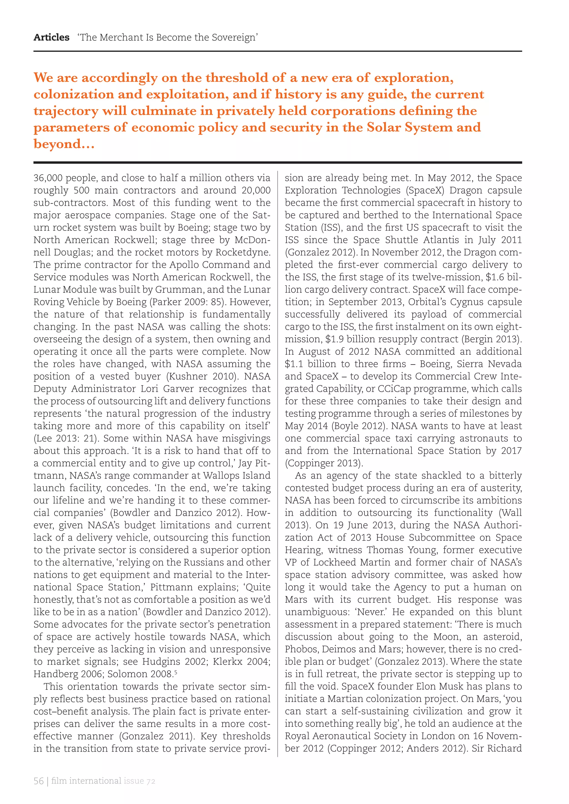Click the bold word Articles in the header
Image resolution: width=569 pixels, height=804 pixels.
tap(51, 37)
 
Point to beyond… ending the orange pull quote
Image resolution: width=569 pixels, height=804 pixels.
tap(64, 144)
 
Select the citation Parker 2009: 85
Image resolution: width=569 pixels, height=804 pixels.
tap(186, 302)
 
